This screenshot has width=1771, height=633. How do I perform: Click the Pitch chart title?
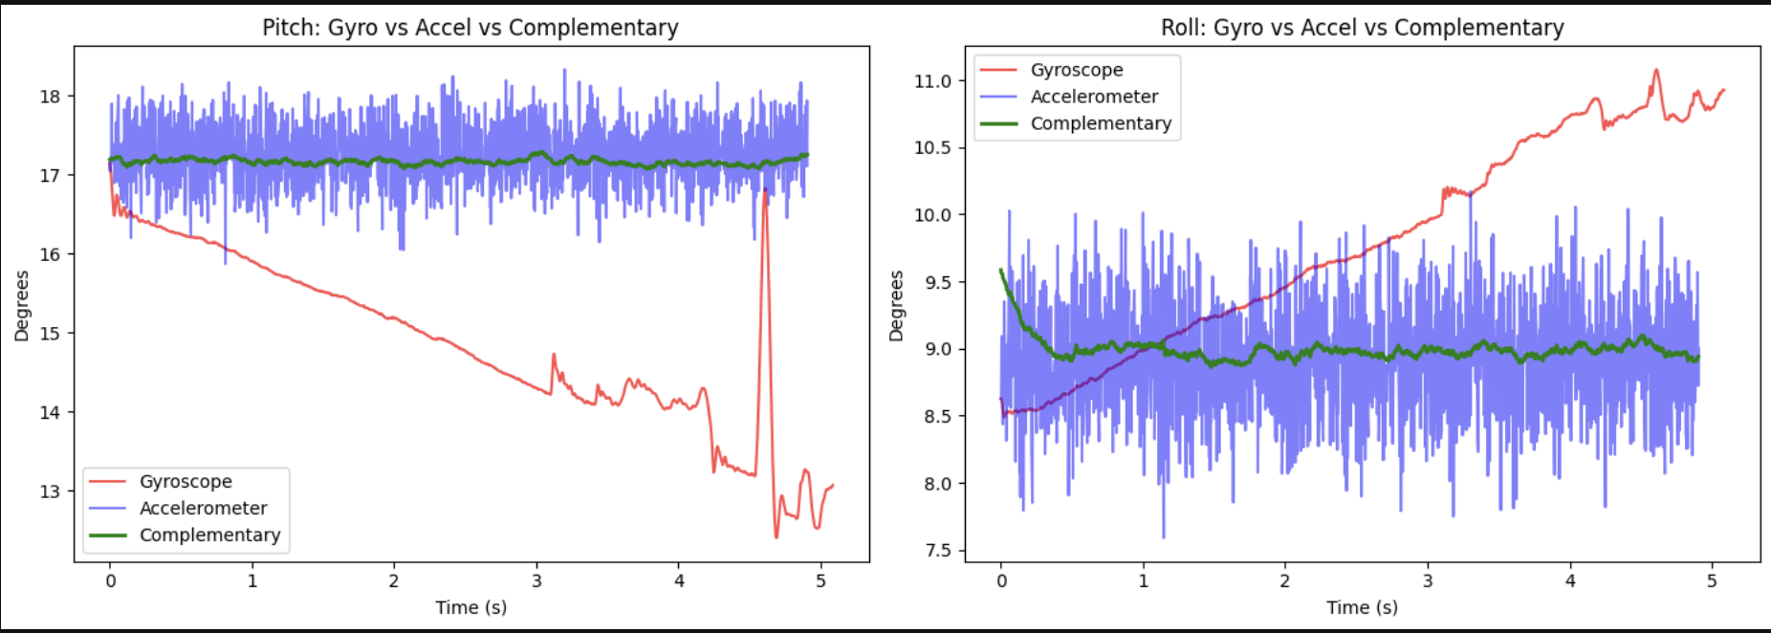470,28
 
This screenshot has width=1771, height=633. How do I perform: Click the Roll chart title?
1362,28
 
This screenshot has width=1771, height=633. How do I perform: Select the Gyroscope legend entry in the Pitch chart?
186,482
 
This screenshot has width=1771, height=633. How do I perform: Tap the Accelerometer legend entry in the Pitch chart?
203,509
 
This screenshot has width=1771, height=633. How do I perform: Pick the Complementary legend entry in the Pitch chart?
209,535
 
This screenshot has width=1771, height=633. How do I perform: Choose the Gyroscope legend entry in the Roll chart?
1076,70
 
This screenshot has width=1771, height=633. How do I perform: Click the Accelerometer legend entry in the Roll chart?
1094,97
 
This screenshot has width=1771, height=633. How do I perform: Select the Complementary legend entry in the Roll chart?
1100,123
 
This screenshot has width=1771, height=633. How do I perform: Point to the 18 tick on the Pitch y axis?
50,97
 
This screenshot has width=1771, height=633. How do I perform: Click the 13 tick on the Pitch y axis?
50,491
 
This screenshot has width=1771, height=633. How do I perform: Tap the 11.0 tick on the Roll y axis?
932,81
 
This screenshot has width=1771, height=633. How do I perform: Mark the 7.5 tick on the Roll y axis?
938,551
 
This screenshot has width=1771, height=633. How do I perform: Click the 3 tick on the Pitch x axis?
536,580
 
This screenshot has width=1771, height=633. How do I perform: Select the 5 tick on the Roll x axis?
1712,580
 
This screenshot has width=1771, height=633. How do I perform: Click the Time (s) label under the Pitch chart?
470,607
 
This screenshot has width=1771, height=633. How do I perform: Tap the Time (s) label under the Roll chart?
1362,607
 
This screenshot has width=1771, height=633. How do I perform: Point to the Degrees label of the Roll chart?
896,306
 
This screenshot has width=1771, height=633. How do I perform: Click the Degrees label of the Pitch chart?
22,306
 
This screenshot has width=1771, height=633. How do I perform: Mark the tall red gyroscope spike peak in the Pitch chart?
765,191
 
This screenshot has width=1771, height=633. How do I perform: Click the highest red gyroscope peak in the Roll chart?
1656,70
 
